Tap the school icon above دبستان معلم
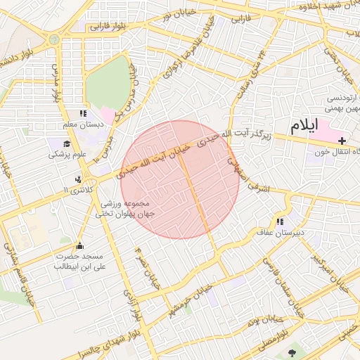click(x=83, y=113)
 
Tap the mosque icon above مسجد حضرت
click(x=79, y=245)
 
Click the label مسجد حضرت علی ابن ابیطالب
click(x=79, y=262)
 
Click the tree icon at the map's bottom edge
click(x=292, y=350)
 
